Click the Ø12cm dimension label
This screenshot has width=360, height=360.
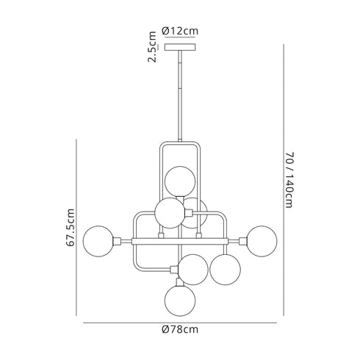[180, 31]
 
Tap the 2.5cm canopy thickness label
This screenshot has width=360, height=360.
[152, 46]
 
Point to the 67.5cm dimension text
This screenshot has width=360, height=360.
[71, 229]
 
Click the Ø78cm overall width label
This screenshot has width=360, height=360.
[181, 330]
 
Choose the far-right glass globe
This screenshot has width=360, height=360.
[261, 240]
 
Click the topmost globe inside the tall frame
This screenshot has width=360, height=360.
[180, 181]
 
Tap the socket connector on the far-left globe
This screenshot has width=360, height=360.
[116, 240]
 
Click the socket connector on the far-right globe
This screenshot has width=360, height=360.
[243, 240]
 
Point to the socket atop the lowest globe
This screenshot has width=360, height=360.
[180, 281]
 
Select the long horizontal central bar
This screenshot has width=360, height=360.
[180, 240]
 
